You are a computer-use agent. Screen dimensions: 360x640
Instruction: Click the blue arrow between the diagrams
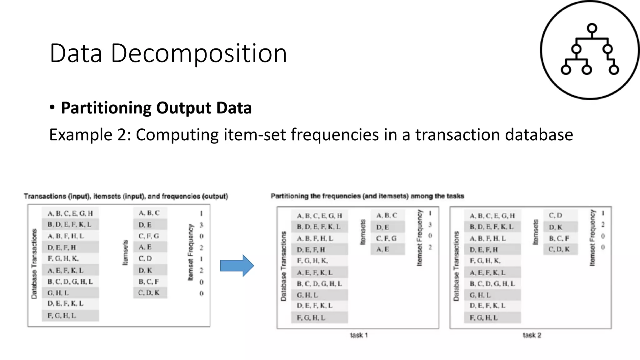[237, 266]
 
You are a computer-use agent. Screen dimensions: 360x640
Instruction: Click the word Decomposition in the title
[199, 53]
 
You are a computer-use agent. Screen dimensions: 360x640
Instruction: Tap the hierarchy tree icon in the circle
[590, 50]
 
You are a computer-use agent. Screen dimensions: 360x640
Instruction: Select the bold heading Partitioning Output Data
[156, 108]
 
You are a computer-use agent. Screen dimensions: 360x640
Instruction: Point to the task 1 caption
[359, 335]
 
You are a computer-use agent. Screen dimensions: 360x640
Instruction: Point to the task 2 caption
[532, 335]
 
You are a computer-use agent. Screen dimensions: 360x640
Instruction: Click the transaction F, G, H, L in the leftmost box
[62, 316]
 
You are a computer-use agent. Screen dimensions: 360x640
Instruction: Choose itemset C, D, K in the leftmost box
[149, 293]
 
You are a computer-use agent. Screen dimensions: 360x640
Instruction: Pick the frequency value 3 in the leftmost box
[201, 225]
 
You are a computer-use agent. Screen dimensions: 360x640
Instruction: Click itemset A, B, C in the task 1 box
[387, 215]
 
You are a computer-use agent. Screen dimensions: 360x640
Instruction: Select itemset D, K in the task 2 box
[556, 227]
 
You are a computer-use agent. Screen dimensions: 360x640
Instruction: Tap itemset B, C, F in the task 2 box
[559, 238]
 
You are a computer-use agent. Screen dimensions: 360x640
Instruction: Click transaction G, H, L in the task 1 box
[307, 295]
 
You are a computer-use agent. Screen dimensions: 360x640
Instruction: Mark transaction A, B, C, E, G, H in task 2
[492, 216]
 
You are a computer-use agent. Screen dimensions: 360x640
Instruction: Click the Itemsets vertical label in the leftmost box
[125, 252]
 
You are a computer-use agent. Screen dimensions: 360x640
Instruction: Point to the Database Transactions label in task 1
[283, 266]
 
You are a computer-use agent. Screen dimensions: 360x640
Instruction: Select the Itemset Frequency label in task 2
[592, 238]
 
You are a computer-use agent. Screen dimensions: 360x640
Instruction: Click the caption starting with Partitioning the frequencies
[367, 196]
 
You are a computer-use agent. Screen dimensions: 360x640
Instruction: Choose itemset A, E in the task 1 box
[382, 249]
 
